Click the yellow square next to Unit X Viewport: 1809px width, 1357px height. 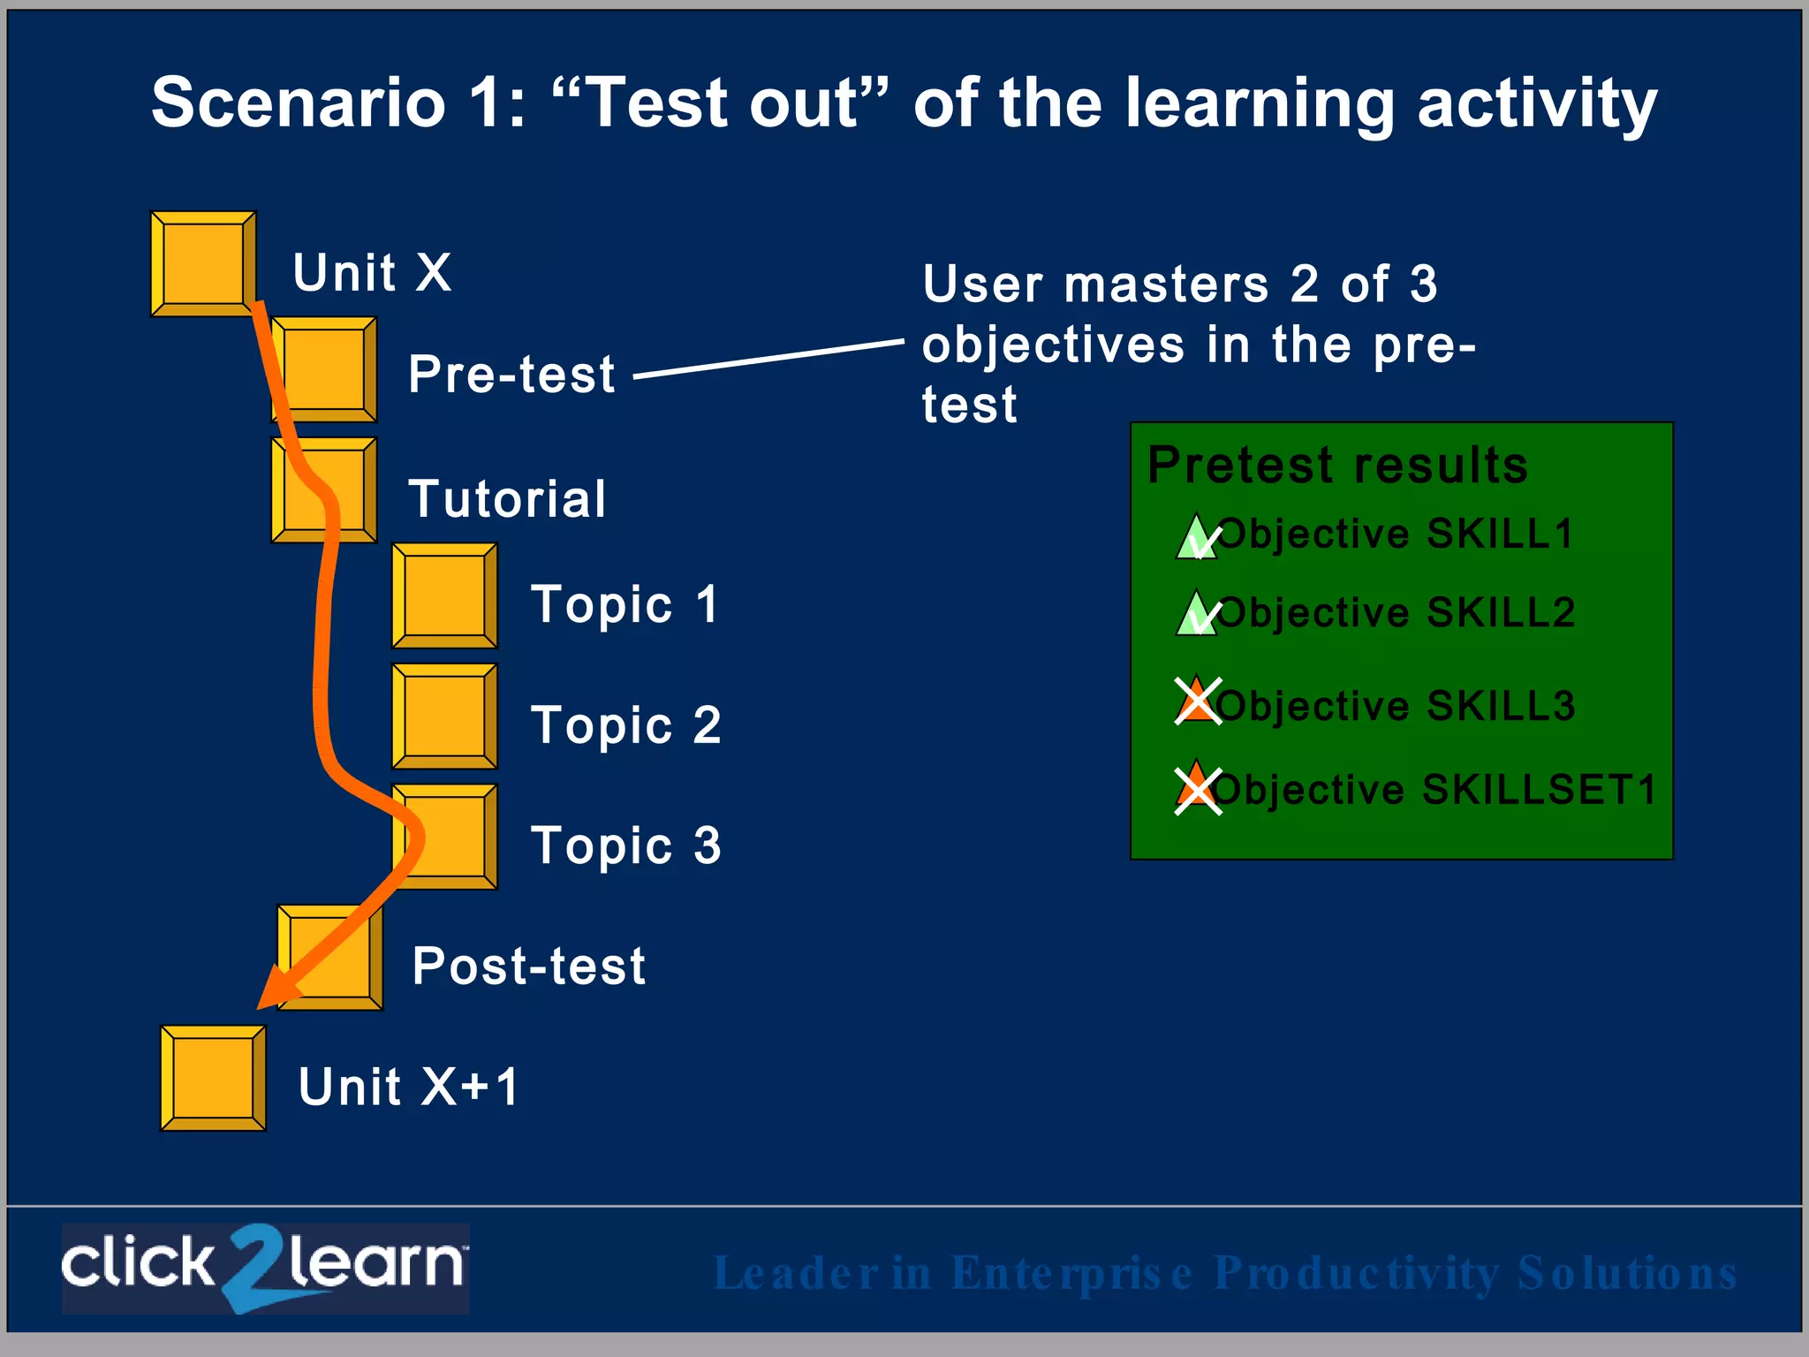pos(203,263)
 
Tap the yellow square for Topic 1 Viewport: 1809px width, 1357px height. pos(444,595)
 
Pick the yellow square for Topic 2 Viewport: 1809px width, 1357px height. pos(444,716)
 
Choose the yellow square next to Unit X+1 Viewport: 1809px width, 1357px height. pos(213,1078)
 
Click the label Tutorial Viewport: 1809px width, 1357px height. pos(507,499)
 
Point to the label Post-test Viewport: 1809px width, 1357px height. pos(528,966)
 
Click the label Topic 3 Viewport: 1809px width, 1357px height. pos(625,845)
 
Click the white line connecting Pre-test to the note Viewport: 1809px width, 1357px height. pos(768,359)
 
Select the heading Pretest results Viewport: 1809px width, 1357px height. pos(1337,466)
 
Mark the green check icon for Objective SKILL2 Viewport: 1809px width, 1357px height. pos(1197,615)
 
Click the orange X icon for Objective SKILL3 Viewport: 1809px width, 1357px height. pos(1198,701)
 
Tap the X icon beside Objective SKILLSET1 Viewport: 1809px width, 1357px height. pos(1198,789)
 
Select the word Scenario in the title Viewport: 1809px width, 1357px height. pos(298,103)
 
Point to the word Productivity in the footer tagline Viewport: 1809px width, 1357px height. pos(1356,1273)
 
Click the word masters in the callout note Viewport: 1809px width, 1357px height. pos(1166,285)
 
